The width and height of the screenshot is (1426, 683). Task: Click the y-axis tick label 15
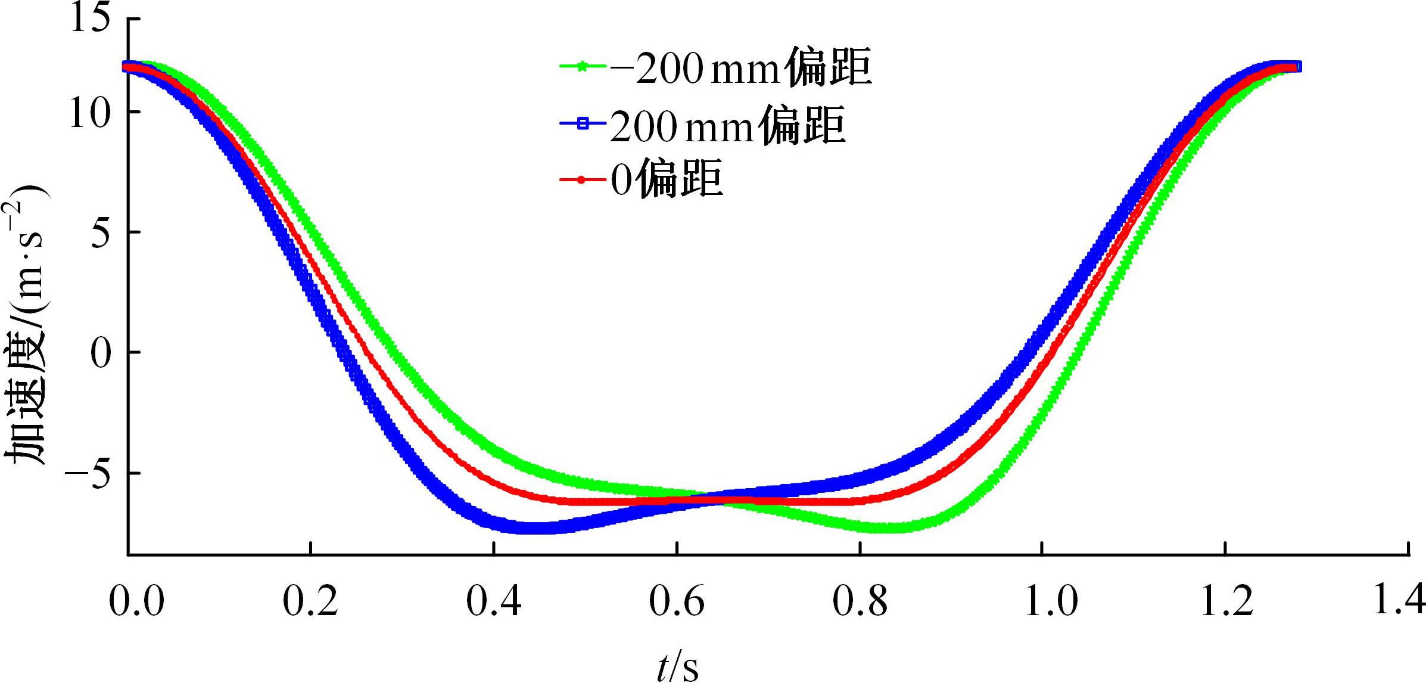91,19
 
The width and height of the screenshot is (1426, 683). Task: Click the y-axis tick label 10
91,113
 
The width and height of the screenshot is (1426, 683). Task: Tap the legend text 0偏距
667,179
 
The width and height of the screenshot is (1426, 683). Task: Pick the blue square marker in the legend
583,123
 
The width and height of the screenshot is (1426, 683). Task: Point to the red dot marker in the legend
583,179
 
